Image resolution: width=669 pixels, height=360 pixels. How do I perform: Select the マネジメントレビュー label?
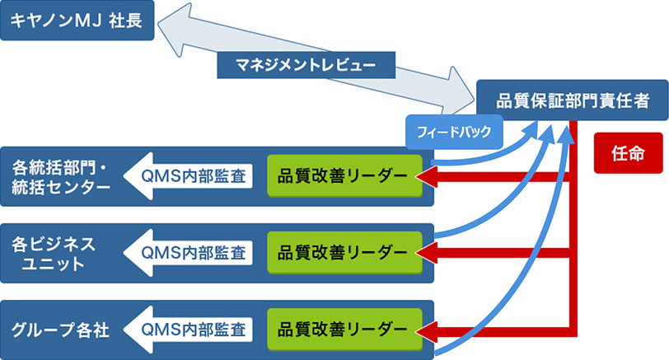tap(306, 64)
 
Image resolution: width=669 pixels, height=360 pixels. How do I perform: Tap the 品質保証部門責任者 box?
tap(573, 101)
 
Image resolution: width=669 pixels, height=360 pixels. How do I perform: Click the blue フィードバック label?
tap(454, 132)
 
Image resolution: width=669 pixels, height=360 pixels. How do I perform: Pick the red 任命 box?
tap(627, 153)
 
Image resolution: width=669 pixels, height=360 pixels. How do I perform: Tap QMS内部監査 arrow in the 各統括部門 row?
tap(189, 175)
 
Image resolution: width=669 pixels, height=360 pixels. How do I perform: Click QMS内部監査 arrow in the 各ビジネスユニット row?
tap(189, 252)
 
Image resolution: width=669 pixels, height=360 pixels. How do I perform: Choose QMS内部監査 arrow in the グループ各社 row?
tap(189, 330)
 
